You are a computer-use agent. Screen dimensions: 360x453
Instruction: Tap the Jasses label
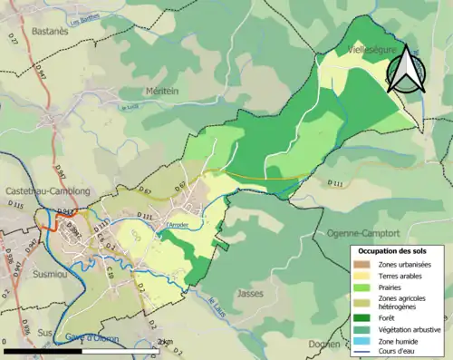coord(248,293)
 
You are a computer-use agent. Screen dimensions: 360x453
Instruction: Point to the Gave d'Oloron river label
coord(93,338)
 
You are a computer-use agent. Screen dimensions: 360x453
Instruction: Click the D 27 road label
coord(13,64)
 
